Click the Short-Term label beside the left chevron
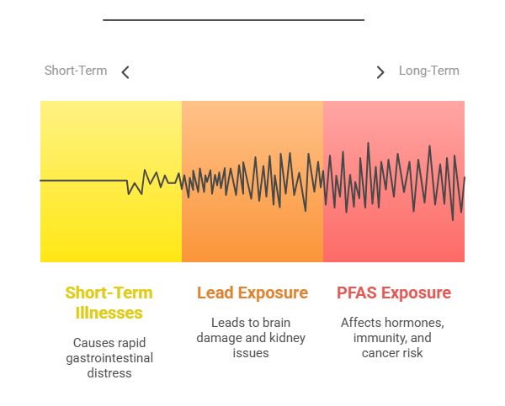click(x=76, y=71)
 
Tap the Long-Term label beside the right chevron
click(x=429, y=71)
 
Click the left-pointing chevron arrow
click(x=125, y=72)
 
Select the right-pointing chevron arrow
click(x=380, y=72)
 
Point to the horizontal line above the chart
click(x=233, y=20)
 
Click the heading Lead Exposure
click(x=252, y=293)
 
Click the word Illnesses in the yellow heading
click(x=109, y=313)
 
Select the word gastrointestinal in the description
click(x=109, y=358)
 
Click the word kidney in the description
click(x=287, y=338)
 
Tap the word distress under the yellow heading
click(x=109, y=373)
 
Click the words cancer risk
click(x=392, y=353)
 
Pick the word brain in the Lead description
click(x=276, y=323)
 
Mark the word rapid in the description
click(x=133, y=343)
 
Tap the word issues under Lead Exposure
click(x=251, y=353)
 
